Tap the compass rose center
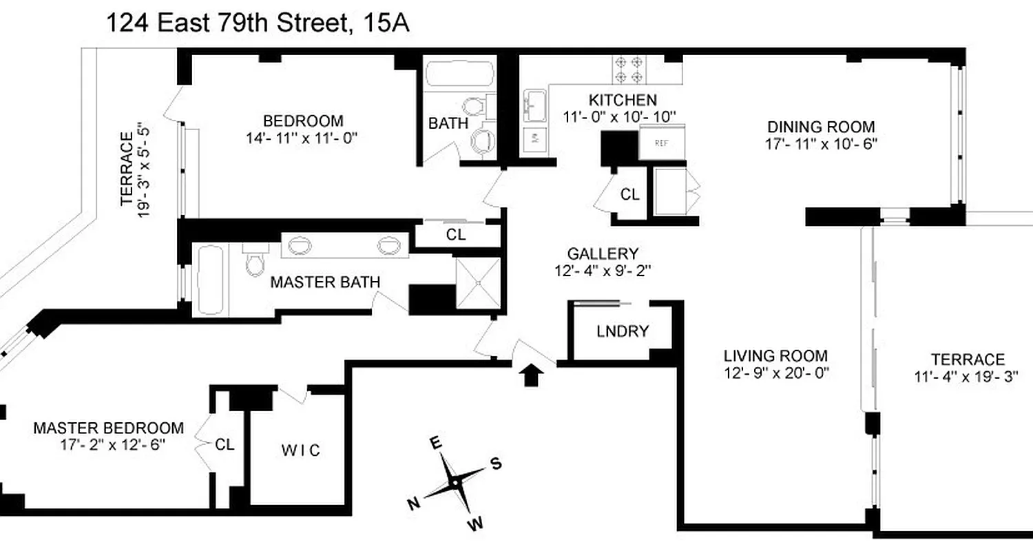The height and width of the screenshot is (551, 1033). point(455,483)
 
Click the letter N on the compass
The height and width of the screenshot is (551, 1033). point(413,504)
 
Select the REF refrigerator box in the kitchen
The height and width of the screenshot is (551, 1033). point(661,143)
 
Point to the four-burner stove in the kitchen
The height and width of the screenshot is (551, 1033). point(629,68)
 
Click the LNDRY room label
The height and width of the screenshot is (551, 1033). point(622,331)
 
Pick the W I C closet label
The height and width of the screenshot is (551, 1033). point(300,450)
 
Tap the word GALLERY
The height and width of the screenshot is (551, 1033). point(603,253)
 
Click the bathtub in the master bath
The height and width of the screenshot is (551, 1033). point(209,279)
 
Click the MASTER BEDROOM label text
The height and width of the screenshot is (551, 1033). point(109,428)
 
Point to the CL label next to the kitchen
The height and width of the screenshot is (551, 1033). point(629,195)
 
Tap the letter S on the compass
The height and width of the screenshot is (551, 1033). point(495,464)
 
